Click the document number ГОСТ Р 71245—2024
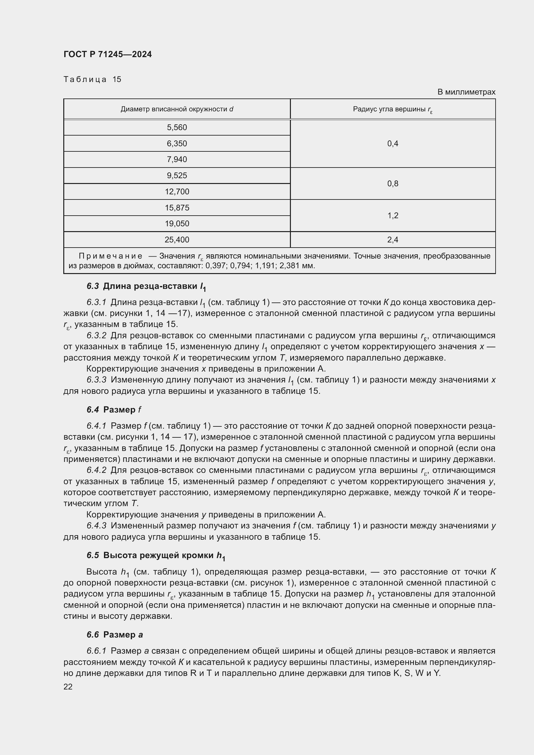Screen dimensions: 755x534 [x=108, y=55]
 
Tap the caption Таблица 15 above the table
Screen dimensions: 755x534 [x=92, y=79]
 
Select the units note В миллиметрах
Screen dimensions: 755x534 [x=466, y=92]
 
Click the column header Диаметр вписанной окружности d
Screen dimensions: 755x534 [x=177, y=109]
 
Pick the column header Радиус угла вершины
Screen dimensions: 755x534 [x=393, y=109]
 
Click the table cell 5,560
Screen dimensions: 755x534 [x=177, y=127]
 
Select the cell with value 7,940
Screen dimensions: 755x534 [x=177, y=159]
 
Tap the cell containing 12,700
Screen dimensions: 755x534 [x=177, y=191]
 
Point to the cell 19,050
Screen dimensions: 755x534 [x=177, y=224]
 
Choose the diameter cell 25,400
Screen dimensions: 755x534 [x=177, y=240]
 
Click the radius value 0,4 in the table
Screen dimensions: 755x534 [x=393, y=143]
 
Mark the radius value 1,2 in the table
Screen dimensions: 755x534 [x=393, y=215]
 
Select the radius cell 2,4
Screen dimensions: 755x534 [x=393, y=240]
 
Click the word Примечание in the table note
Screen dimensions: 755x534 [x=110, y=256]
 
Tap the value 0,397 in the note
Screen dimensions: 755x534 [x=215, y=266]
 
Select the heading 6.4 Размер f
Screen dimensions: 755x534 [x=114, y=410]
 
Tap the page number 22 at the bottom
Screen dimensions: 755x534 [x=68, y=687]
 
